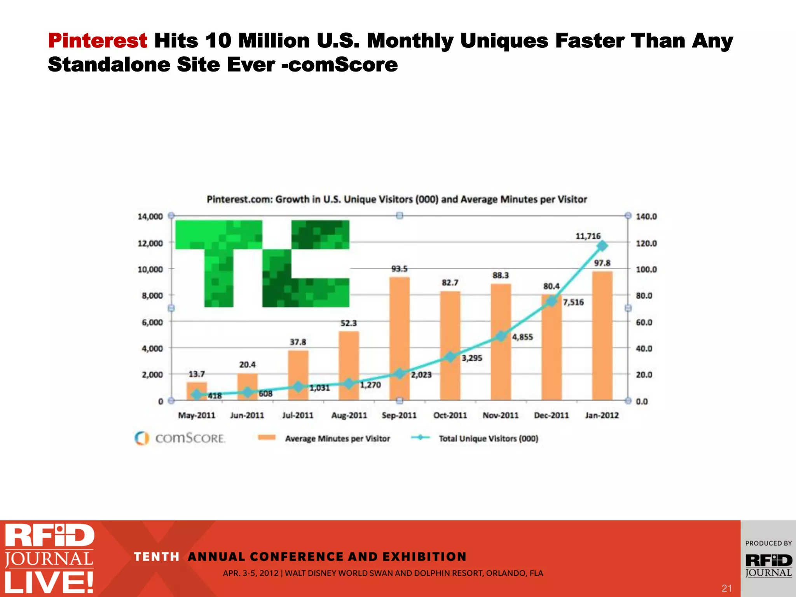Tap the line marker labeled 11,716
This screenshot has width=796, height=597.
tap(602, 246)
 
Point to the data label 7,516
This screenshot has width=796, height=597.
tap(573, 302)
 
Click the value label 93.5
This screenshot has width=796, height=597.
tap(399, 269)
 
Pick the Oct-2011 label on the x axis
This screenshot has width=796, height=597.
tap(450, 415)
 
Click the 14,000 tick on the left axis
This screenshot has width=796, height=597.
tap(150, 216)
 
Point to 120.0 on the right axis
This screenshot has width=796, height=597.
tap(646, 243)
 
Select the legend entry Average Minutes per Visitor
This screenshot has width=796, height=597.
tap(337, 438)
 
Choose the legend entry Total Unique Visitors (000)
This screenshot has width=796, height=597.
tap(488, 438)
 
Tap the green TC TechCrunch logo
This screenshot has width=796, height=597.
tap(262, 264)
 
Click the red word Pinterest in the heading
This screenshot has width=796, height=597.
tap(98, 40)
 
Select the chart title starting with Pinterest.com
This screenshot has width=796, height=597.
tap(396, 199)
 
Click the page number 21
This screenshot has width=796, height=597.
tap(726, 588)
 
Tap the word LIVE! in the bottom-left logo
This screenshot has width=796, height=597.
tap(49, 582)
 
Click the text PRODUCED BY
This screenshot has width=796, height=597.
tap(768, 543)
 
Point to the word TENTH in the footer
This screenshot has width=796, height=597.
tap(156, 557)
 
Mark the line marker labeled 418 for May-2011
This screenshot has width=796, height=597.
tap(197, 395)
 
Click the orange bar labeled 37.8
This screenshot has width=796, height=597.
tap(298, 375)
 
